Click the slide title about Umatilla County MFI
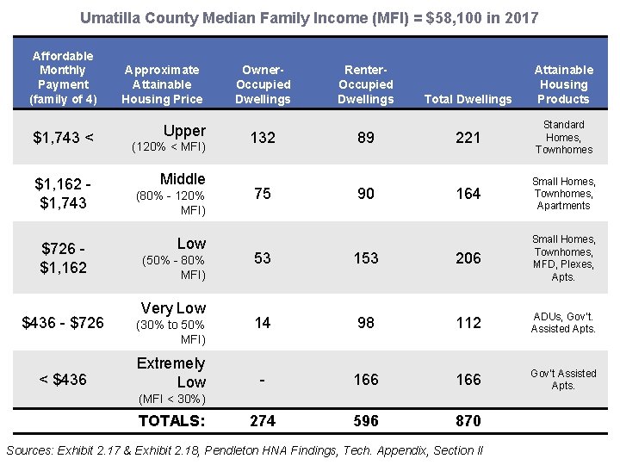[309, 17]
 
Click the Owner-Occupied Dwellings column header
[263, 84]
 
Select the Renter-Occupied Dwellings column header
[366, 84]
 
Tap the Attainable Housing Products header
[563, 84]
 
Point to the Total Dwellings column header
[468, 99]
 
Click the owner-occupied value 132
[263, 138]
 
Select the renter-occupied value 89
[366, 138]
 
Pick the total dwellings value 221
[468, 138]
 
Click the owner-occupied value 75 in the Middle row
[263, 194]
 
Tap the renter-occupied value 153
[366, 258]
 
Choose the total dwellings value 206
[468, 258]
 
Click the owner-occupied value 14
[263, 322]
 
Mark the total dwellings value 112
[468, 322]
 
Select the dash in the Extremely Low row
[263, 379]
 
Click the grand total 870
[468, 421]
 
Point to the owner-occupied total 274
[263, 421]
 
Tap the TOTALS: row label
[172, 421]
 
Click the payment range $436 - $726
[63, 322]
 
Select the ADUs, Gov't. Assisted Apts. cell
[563, 322]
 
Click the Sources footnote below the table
[245, 450]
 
